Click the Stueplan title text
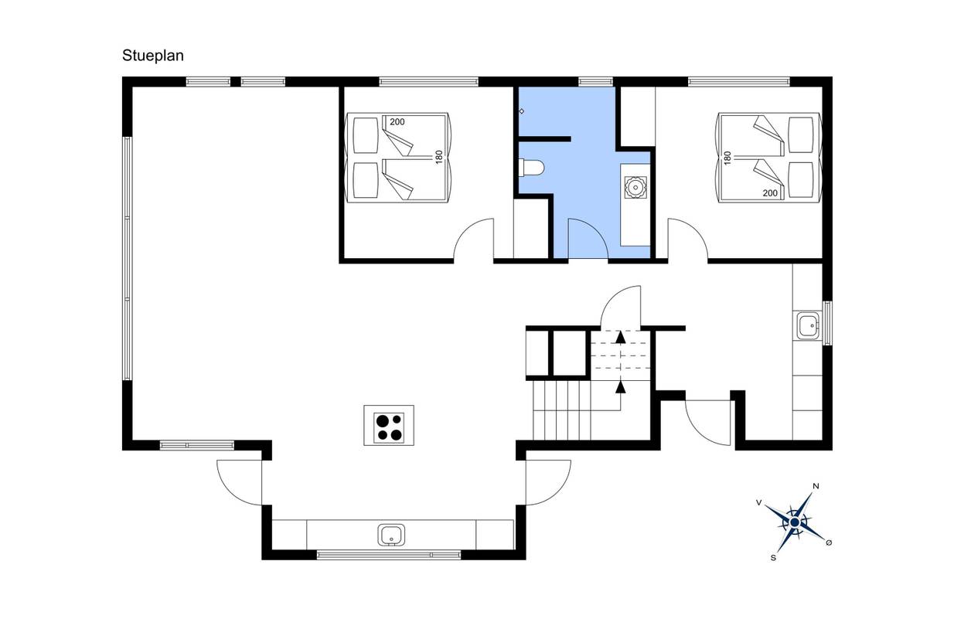coord(153,56)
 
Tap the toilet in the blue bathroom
coord(532,167)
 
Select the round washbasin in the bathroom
coord(635,187)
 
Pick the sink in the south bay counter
coord(391,535)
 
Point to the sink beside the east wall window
coord(807,325)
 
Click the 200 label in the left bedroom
coord(397,122)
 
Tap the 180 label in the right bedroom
coord(727,158)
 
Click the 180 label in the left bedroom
coord(439,157)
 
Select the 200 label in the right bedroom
coord(770,193)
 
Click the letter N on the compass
coord(816,486)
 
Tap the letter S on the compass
coord(773,558)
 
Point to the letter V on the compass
coord(758,503)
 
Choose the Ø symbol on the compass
coord(829,542)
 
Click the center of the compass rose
coord(795,522)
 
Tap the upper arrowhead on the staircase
coord(621,337)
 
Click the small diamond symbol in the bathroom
coord(521,111)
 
